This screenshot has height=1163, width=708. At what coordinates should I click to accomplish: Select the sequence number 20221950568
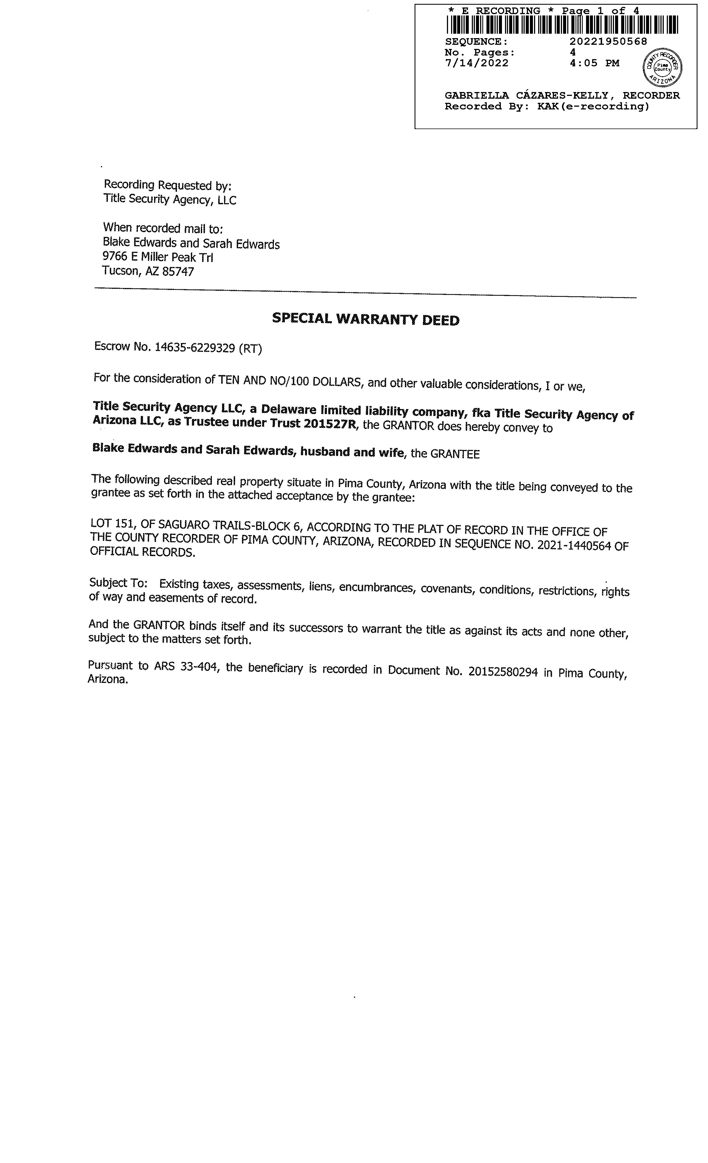[x=608, y=41]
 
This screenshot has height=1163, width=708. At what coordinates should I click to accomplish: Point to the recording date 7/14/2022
[x=477, y=63]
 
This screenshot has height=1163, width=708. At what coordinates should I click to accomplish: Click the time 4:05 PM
[x=595, y=63]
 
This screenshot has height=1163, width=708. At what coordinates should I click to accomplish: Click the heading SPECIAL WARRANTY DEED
[x=366, y=319]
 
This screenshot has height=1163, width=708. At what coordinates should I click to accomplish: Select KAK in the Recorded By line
[x=548, y=107]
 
